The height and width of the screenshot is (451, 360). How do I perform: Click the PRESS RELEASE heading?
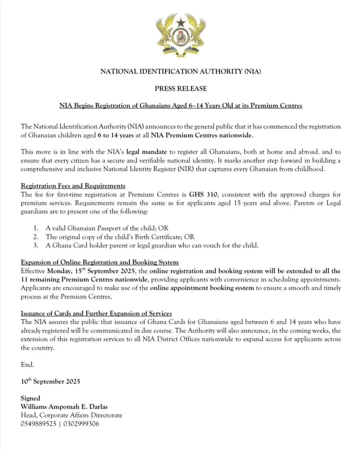(180, 89)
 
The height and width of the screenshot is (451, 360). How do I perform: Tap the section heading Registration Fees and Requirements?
(73, 186)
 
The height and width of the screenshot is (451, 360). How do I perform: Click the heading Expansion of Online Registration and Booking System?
(100, 262)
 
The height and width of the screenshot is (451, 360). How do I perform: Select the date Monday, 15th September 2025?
(93, 271)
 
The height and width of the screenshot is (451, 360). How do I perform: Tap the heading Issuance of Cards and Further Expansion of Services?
(96, 313)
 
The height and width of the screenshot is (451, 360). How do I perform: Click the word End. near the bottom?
(28, 364)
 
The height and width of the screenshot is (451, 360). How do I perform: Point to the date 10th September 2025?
(50, 381)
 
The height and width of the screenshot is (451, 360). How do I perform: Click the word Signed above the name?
(31, 398)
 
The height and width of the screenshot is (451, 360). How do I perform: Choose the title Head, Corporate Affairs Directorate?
(71, 415)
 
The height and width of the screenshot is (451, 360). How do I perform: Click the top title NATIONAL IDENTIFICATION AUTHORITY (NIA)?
(180, 71)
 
